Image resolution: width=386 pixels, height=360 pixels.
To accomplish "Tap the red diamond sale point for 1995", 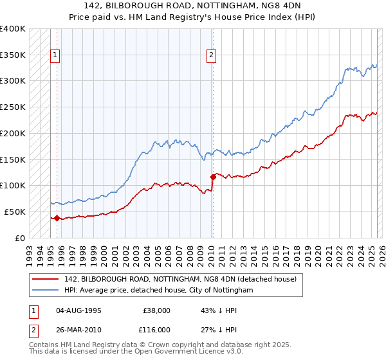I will [57, 218].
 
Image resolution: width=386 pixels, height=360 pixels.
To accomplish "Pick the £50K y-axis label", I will [15, 212].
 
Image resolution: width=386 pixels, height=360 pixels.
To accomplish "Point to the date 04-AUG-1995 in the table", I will [79, 310].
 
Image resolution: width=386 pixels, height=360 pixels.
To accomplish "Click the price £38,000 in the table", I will [157, 310].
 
